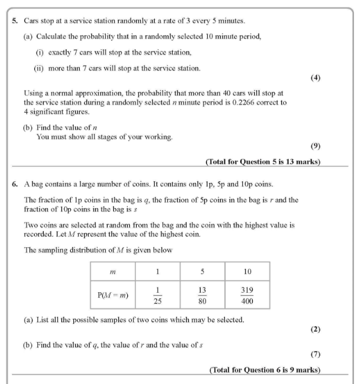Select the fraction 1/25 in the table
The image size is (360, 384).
point(157,295)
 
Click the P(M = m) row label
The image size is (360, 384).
point(114,295)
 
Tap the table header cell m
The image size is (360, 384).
point(114,272)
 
